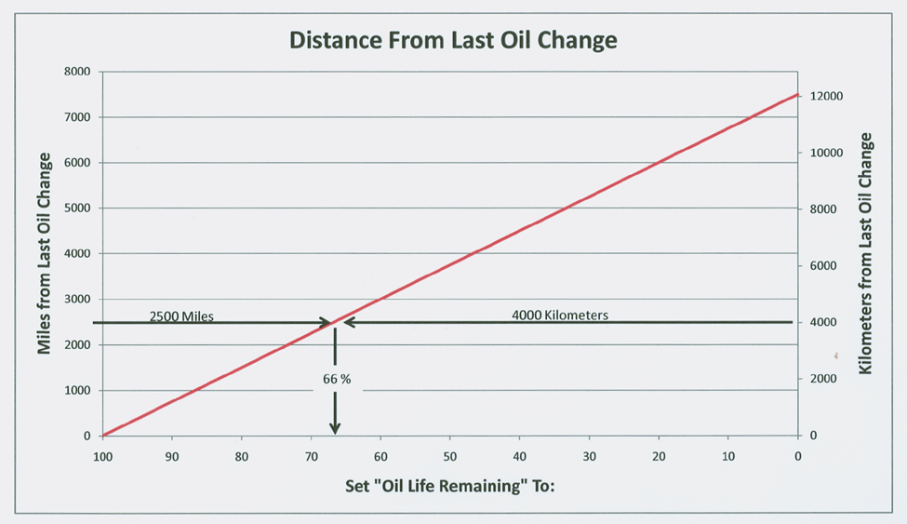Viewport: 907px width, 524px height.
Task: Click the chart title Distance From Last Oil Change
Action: point(453,40)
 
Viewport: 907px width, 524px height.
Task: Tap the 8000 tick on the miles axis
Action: point(75,72)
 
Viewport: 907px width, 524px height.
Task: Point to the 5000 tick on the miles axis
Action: point(75,208)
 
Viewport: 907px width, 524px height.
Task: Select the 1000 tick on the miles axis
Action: point(75,391)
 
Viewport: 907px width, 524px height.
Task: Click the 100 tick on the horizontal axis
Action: point(102,457)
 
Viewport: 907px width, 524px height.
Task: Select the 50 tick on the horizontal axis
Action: point(450,457)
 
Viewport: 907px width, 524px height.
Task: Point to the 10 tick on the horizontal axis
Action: point(728,457)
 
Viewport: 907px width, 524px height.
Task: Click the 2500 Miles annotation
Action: point(181,316)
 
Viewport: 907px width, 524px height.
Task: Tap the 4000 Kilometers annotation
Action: point(560,316)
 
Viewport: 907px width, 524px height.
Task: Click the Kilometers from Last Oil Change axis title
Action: point(866,253)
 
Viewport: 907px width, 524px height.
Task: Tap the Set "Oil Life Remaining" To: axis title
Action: point(451,487)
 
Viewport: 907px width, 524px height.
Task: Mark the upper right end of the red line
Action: point(797,94)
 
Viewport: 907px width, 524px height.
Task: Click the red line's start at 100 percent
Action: point(103,435)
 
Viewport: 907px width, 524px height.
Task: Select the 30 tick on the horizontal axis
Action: point(589,457)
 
